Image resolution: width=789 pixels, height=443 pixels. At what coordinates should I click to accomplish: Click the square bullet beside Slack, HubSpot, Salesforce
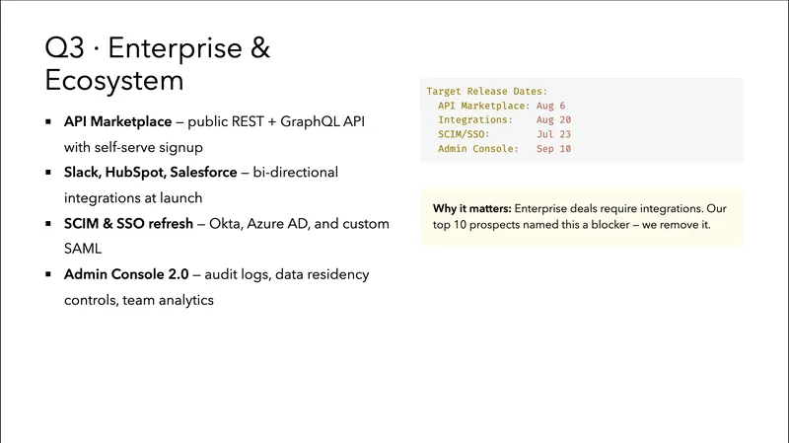[x=48, y=173]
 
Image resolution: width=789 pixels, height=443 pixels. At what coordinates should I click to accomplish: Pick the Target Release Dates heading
[x=487, y=91]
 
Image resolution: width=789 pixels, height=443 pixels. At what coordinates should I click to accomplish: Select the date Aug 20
[x=548, y=119]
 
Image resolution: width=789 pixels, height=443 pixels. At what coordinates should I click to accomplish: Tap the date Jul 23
[x=548, y=134]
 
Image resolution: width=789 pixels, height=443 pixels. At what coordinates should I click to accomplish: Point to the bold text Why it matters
[x=471, y=208]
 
